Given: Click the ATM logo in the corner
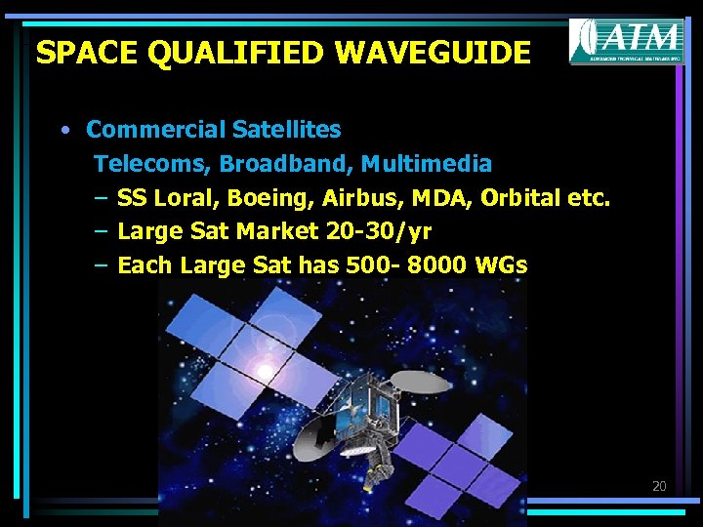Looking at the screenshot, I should [x=626, y=41].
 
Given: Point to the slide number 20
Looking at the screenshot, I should [x=659, y=485].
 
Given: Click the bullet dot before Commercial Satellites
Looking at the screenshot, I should [x=63, y=130].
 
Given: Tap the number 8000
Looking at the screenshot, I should [x=435, y=264].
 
